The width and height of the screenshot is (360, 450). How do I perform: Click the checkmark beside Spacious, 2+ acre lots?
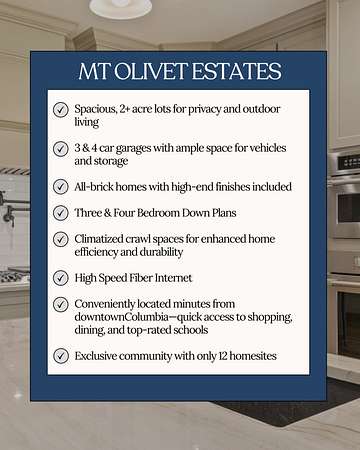(x=61, y=110)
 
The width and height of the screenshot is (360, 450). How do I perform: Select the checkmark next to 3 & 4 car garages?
(x=61, y=149)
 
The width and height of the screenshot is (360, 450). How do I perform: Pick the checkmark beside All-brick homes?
(x=61, y=187)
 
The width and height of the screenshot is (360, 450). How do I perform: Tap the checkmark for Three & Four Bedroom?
(x=61, y=213)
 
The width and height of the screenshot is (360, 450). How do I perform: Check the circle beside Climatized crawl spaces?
(x=61, y=239)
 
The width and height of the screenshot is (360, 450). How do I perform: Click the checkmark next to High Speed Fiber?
(x=61, y=278)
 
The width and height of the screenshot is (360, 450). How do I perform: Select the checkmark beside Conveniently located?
(x=61, y=304)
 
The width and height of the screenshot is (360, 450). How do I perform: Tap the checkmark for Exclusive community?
(x=61, y=356)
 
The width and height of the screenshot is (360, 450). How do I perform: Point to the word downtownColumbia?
(x=121, y=317)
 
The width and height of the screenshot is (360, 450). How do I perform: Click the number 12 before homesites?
(x=223, y=356)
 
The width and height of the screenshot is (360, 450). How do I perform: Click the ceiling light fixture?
(x=120, y=7)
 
